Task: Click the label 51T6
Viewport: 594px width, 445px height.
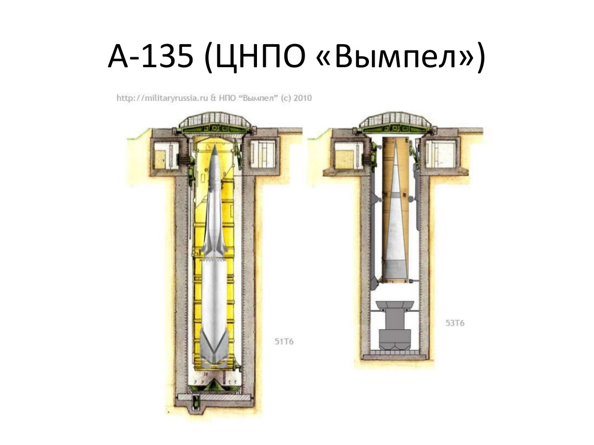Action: [284, 342]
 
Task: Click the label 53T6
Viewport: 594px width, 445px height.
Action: [455, 323]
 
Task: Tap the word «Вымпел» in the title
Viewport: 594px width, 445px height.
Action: [394, 56]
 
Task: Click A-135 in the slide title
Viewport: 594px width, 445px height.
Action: [150, 57]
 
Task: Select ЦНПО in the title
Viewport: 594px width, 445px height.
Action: [255, 57]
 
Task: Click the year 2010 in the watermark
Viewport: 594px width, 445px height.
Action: [303, 97]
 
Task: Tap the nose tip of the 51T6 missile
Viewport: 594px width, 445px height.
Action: [215, 145]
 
